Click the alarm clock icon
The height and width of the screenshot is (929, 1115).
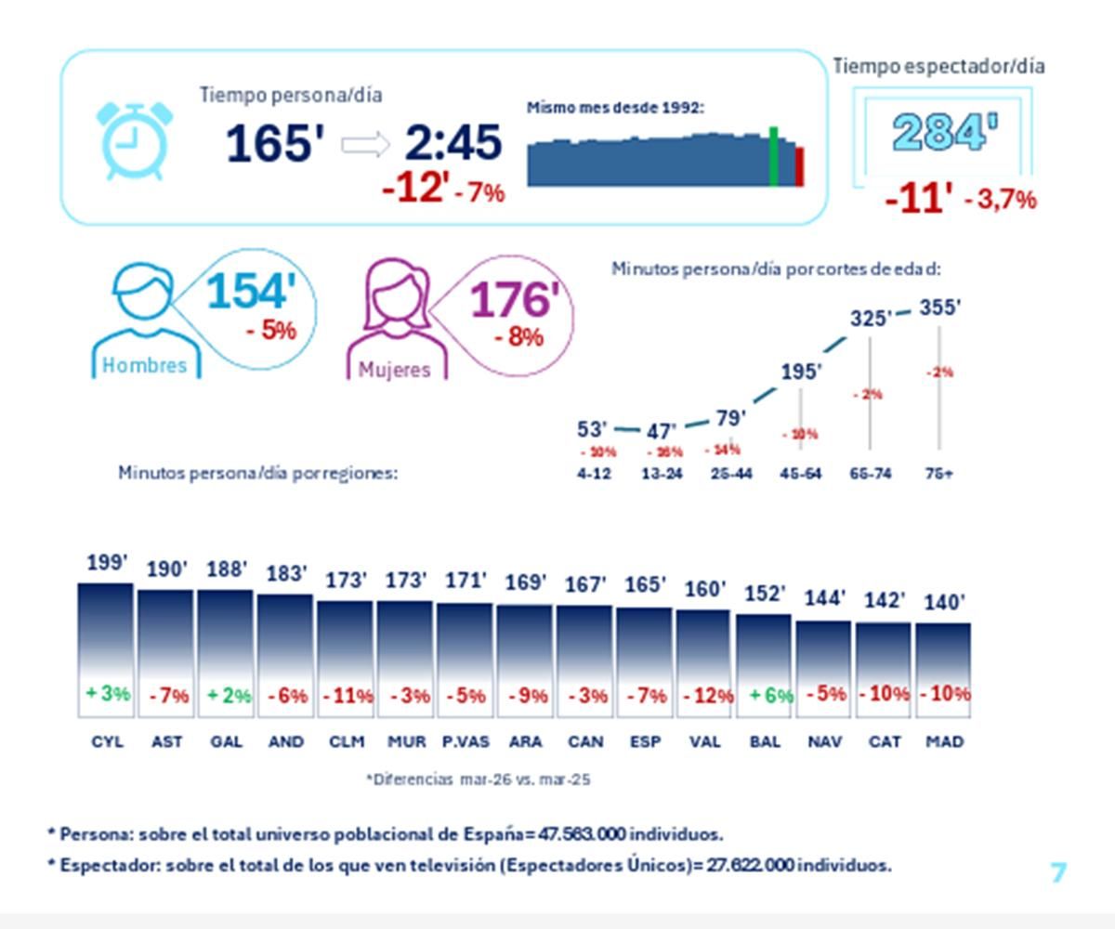[x=135, y=140]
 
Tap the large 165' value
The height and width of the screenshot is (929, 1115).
[x=275, y=144]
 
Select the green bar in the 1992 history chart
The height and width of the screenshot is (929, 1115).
[x=773, y=157]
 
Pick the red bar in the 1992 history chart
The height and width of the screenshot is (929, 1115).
[x=799, y=167]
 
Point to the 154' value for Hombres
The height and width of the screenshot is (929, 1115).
[x=251, y=292]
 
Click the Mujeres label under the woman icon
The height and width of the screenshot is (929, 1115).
[x=395, y=370]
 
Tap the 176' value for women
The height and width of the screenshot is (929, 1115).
[x=515, y=300]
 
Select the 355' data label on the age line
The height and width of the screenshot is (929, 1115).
[x=938, y=307]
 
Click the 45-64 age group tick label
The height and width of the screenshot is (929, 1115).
[x=801, y=473]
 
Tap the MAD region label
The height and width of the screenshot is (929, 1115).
[x=944, y=742]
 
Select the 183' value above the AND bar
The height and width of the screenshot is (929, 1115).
[x=286, y=574]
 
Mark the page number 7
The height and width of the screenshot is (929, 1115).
[x=1058, y=872]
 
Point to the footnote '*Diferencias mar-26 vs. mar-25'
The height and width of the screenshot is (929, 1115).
[x=478, y=779]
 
